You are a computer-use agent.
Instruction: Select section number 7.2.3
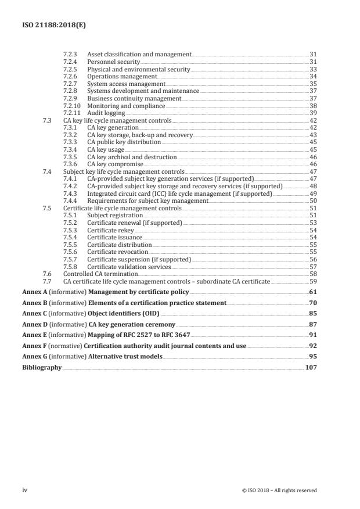click(x=70, y=54)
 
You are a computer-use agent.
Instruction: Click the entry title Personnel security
click(x=113, y=62)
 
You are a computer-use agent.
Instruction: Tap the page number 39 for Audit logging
click(x=312, y=113)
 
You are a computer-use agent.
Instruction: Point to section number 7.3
click(x=48, y=121)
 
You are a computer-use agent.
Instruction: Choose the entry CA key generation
click(x=113, y=127)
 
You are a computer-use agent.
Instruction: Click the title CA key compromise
click(x=114, y=164)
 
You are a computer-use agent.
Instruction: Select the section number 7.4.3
click(x=70, y=193)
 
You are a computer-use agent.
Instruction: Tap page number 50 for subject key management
click(x=312, y=200)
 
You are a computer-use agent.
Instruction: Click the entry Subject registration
click(x=115, y=216)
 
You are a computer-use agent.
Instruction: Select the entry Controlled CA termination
click(x=100, y=274)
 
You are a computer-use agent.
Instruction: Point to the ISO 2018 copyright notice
click(x=279, y=490)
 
